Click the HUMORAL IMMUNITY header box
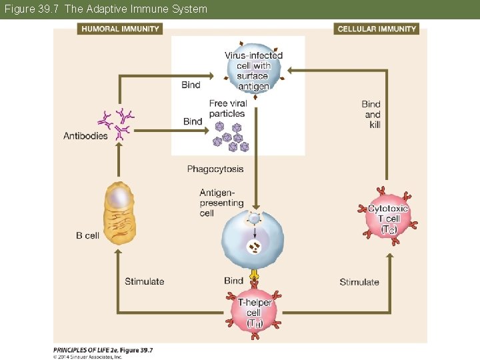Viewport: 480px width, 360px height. [x=121, y=29]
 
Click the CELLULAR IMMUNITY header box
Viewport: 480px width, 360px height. [x=377, y=29]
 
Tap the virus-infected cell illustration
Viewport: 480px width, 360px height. [x=253, y=70]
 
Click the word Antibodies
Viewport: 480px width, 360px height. [x=85, y=137]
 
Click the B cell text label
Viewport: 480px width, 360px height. [x=87, y=235]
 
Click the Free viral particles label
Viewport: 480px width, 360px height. [x=227, y=109]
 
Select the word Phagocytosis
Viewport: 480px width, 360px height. [x=215, y=169]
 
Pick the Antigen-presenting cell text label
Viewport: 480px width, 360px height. [x=221, y=203]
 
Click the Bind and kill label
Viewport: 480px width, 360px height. [x=371, y=114]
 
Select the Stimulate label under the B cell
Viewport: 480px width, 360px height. [x=144, y=281]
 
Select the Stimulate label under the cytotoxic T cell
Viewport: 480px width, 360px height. [x=359, y=282]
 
